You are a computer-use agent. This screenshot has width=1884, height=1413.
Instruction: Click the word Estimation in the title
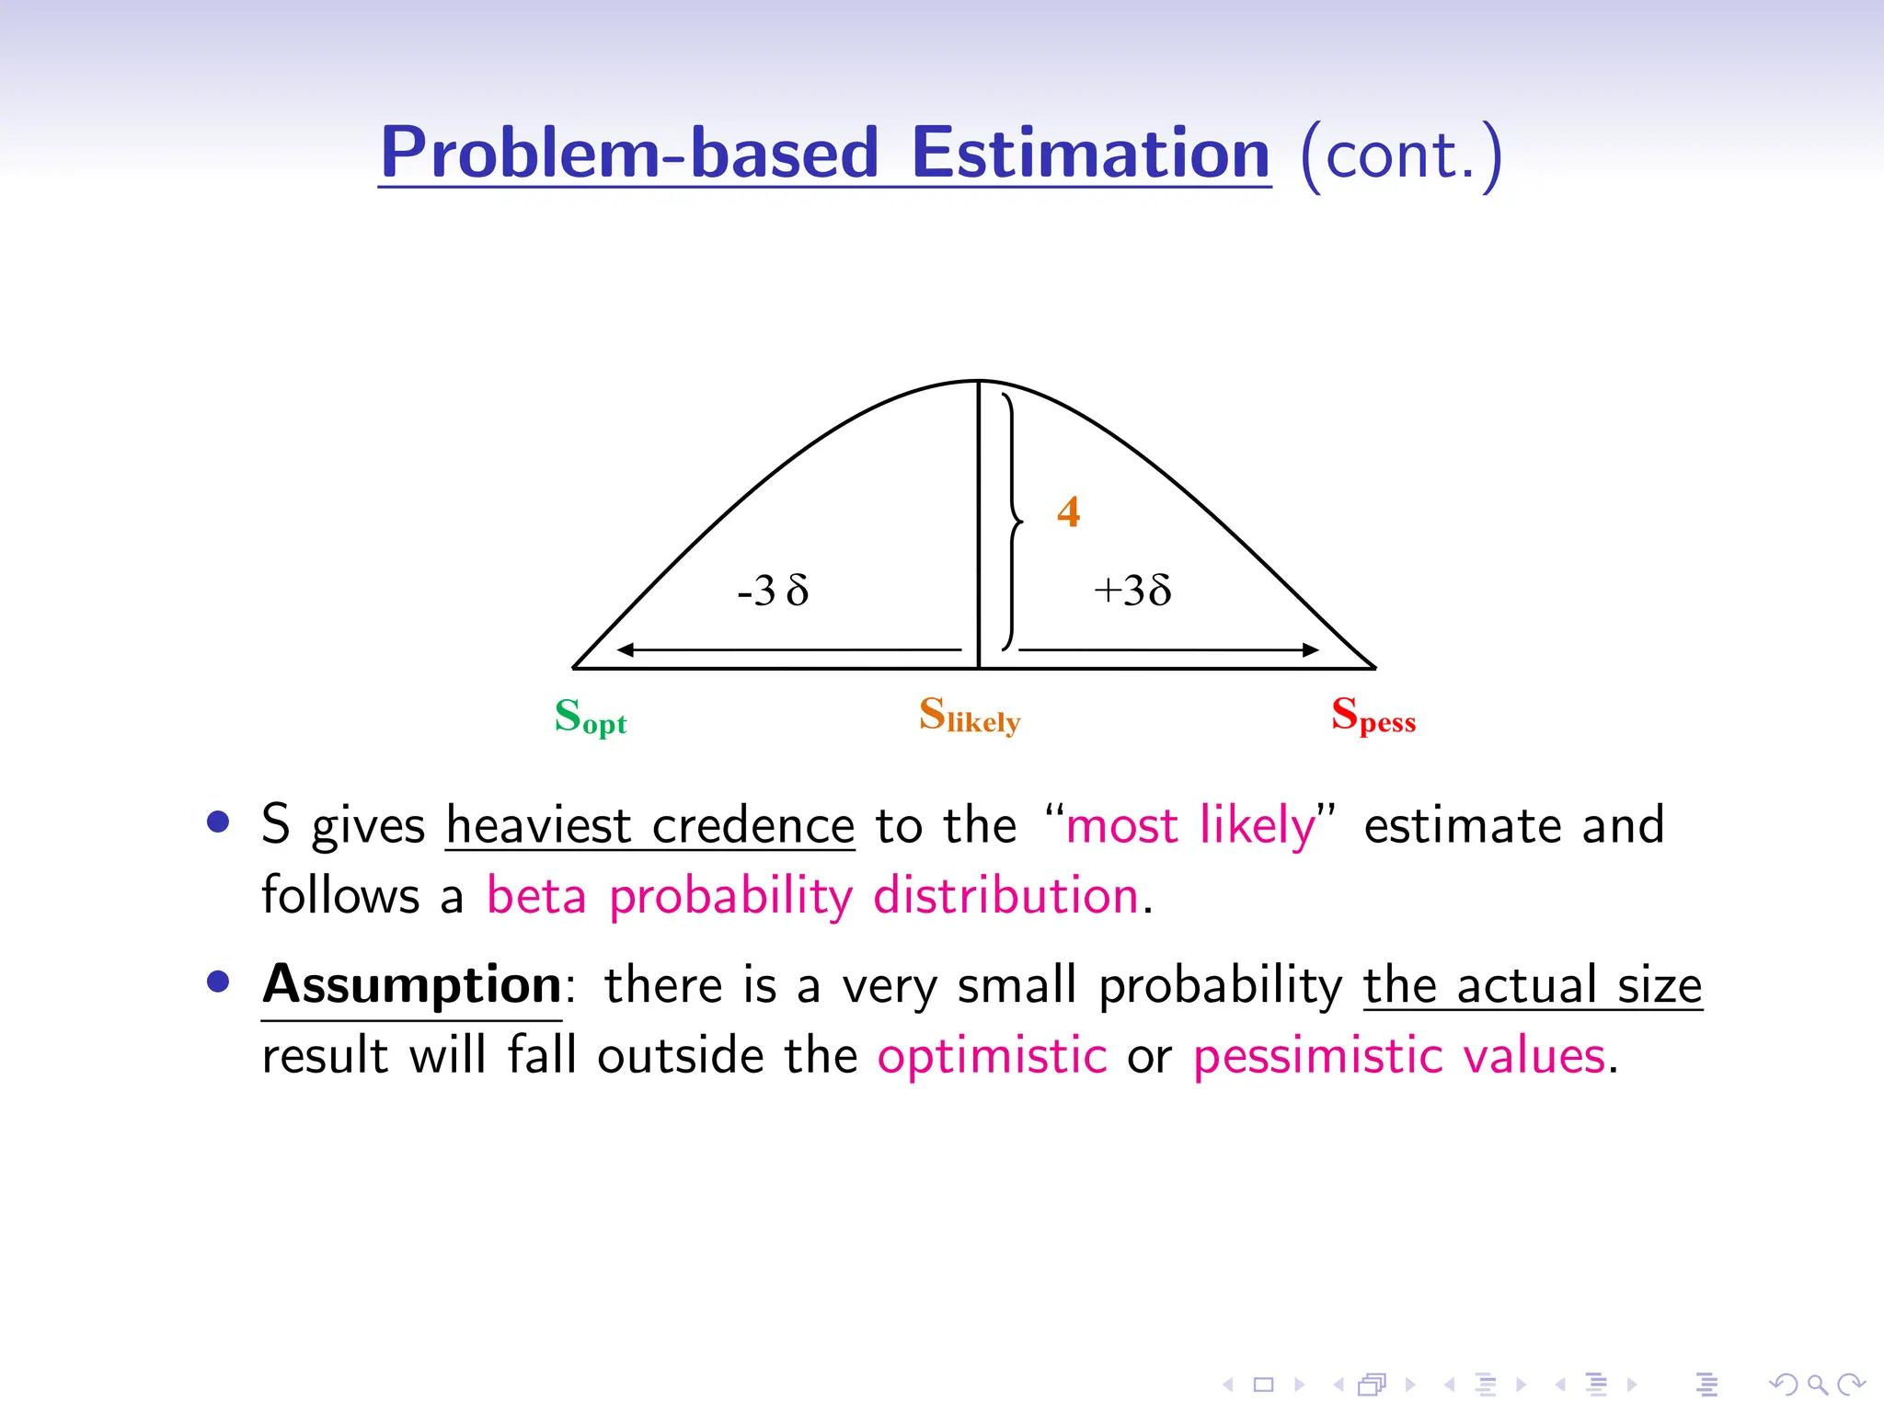click(1091, 154)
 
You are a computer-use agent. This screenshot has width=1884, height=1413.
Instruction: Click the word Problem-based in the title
click(630, 154)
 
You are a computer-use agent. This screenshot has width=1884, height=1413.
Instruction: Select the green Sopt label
click(591, 717)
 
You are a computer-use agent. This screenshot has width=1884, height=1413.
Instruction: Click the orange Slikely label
click(970, 716)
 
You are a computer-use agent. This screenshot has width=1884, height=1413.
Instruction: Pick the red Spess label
click(1373, 716)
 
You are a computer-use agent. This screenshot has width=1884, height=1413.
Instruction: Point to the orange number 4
click(1068, 511)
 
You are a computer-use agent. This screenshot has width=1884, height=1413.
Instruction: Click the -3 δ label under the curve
click(773, 591)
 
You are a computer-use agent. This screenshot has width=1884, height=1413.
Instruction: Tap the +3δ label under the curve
click(1132, 591)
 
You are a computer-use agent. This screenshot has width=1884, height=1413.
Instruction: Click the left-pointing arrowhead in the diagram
click(626, 649)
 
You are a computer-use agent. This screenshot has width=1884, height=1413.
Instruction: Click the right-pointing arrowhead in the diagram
click(1310, 649)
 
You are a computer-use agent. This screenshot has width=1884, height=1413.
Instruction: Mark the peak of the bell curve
click(979, 381)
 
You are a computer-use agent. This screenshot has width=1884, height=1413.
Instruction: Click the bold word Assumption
click(412, 985)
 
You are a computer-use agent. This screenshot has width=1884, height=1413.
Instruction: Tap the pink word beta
click(536, 895)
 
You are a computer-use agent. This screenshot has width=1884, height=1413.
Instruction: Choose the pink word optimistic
click(992, 1055)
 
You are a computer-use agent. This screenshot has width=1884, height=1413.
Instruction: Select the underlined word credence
click(753, 825)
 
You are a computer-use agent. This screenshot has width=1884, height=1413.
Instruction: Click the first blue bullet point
click(218, 821)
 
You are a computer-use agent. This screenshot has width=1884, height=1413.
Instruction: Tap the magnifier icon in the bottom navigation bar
click(1817, 1384)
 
